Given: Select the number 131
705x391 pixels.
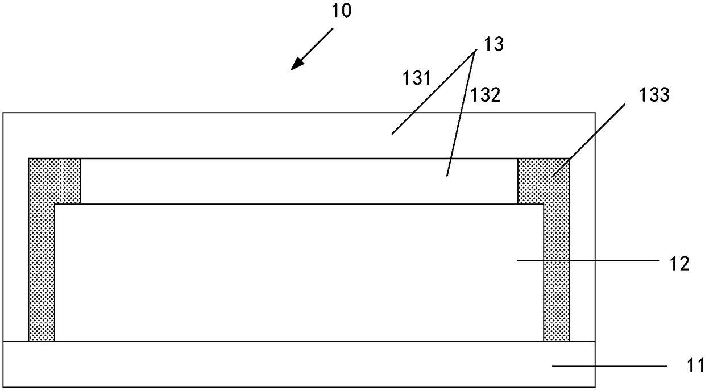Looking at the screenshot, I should (x=417, y=78).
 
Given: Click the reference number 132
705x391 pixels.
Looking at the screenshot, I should (x=484, y=95).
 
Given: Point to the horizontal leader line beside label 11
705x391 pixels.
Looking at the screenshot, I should (x=608, y=367).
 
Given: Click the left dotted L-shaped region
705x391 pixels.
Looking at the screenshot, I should (x=42, y=250).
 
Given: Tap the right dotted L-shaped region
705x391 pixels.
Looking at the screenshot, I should (x=556, y=250).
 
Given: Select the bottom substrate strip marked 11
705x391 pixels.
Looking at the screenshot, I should (x=284, y=364).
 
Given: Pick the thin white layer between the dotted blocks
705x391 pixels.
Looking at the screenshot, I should (x=298, y=181).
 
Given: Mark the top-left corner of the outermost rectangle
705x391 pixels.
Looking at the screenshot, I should (x=3, y=113).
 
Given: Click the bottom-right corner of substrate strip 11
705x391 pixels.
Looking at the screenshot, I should (x=595, y=387).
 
